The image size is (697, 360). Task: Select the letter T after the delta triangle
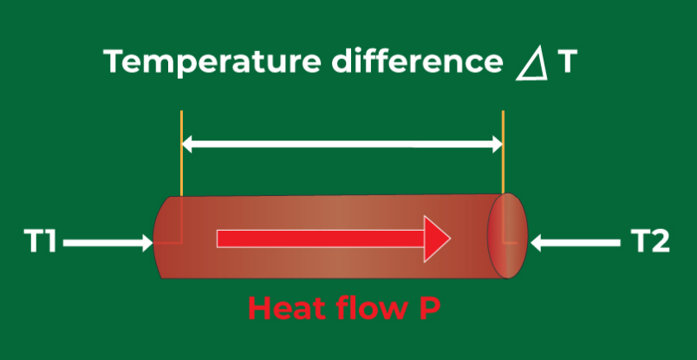pos(563,62)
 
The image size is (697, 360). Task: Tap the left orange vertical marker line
pos(181,165)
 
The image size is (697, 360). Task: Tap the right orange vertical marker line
pos(504,165)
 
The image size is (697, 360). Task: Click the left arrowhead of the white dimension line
pos(188,145)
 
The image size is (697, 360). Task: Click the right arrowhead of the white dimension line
pos(497,145)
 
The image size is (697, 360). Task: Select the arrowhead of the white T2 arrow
pos(537,244)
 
